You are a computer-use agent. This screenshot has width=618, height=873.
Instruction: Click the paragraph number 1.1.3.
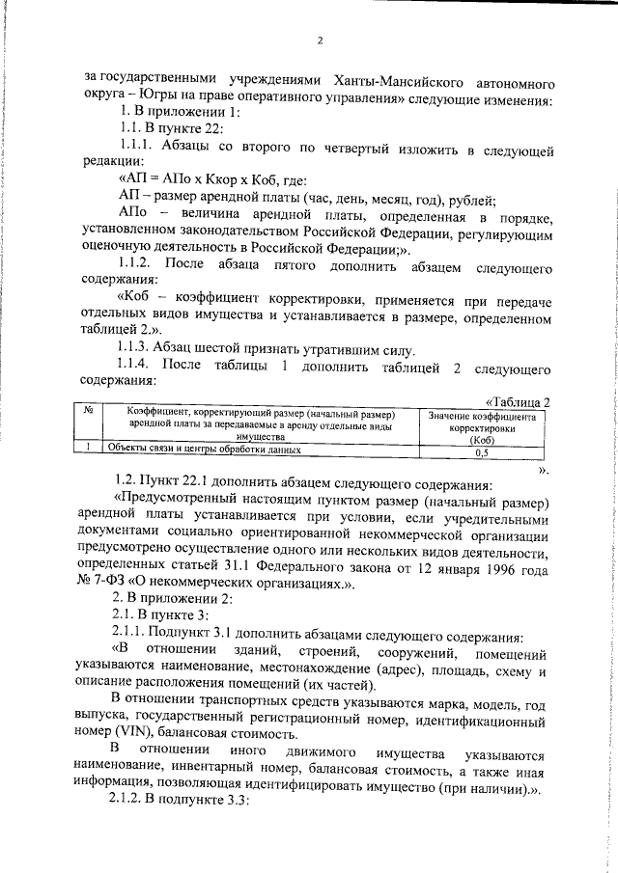(x=134, y=349)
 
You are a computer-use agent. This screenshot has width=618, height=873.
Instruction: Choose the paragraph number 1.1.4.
(x=134, y=367)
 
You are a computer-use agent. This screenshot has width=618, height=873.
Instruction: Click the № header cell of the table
(x=89, y=411)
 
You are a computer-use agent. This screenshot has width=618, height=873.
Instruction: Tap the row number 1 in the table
(x=89, y=450)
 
